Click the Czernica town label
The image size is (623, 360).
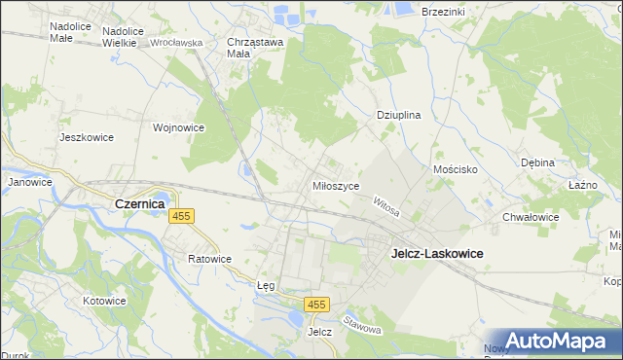[138, 204]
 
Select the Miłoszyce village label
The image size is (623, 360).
[337, 186]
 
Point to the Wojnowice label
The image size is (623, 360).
[178, 127]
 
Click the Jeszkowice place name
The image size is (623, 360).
[87, 137]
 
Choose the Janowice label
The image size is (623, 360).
[29, 182]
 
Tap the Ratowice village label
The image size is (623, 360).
[210, 260]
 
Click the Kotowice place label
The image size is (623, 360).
[105, 301]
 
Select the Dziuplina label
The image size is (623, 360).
[398, 115]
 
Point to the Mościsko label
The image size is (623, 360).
[454, 169]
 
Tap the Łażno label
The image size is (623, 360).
[582, 185]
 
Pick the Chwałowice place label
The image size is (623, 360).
[531, 218]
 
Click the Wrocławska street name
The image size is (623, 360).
[176, 44]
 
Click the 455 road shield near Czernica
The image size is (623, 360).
[181, 216]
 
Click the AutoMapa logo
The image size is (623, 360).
[555, 341]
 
